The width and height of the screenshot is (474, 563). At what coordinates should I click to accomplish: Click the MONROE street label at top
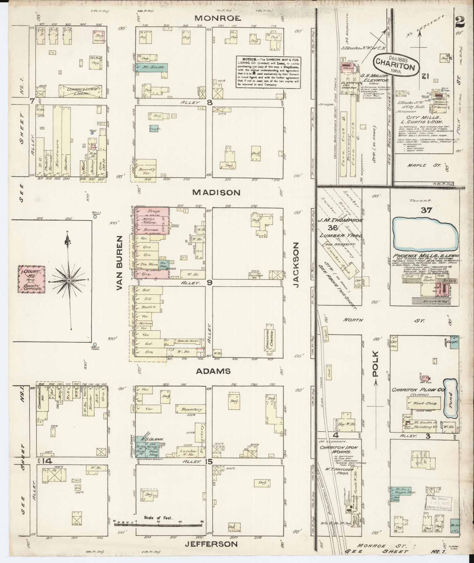coord(218,18)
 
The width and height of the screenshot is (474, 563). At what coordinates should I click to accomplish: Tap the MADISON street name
coord(216,192)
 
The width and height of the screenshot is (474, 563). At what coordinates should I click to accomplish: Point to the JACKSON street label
coord(296,265)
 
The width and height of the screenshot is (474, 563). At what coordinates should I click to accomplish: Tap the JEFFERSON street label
coord(211,544)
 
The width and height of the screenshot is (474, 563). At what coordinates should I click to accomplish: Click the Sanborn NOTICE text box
coord(269,72)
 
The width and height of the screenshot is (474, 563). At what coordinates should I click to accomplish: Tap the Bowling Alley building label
coord(187,341)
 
